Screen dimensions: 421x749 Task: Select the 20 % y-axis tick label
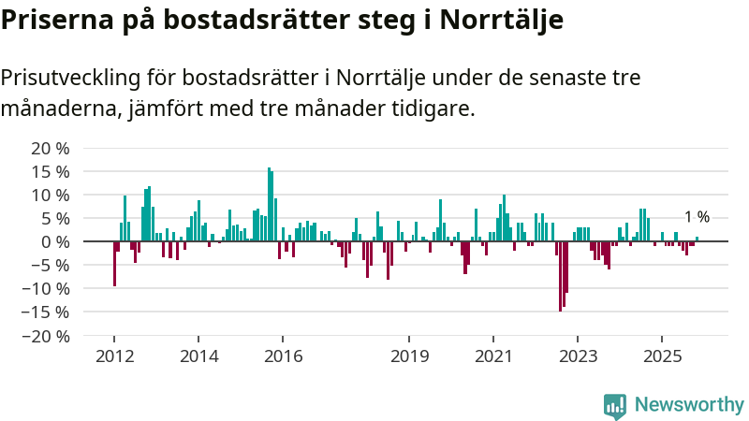click(51, 149)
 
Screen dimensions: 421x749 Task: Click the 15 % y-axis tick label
click(51, 172)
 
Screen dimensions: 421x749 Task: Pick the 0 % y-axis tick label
click(56, 241)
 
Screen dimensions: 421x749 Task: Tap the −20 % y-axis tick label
click(46, 335)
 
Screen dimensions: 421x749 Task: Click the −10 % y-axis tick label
click(46, 288)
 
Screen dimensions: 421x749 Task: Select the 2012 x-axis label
click(114, 356)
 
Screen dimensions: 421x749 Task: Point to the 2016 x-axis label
click(283, 356)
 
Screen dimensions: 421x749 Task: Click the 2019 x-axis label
click(409, 356)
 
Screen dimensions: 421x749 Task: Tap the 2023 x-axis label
click(578, 356)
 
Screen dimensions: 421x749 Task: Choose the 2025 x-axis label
click(662, 356)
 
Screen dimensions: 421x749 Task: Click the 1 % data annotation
click(697, 217)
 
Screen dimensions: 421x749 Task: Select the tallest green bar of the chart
click(269, 205)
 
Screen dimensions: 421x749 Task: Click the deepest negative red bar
click(560, 276)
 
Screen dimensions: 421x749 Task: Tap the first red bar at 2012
click(114, 264)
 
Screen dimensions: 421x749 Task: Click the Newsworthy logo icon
click(615, 405)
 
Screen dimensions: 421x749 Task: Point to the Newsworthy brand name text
click(689, 405)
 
